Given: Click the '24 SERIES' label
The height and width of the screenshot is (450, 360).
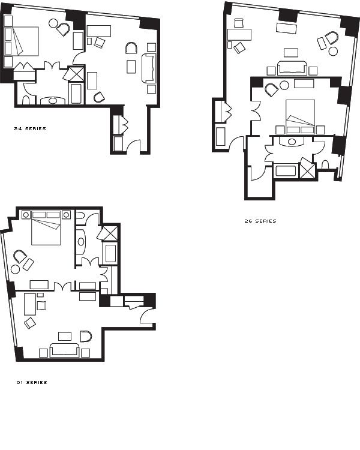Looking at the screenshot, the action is (30, 128).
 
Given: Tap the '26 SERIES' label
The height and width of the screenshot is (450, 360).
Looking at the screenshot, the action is (260, 221).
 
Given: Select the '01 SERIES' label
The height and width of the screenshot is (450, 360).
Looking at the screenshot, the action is (32, 382).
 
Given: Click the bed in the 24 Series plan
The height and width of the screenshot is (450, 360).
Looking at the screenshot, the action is (22, 41).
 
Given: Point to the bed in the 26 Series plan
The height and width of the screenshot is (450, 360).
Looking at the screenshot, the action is (300, 117).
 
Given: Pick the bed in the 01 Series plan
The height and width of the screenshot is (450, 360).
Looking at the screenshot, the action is (46, 228).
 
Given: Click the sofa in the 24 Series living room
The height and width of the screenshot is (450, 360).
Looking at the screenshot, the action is (149, 68).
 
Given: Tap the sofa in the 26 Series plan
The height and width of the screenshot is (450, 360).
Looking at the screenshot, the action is (292, 68).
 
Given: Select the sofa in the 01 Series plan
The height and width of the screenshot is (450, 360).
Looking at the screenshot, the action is (65, 350).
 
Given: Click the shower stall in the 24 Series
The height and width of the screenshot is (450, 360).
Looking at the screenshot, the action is (77, 74).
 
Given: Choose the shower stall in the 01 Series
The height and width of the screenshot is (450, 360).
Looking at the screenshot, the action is (110, 233).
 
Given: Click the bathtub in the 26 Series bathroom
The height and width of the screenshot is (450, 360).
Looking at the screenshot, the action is (286, 171).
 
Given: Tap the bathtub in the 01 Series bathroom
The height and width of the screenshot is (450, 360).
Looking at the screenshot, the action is (110, 253).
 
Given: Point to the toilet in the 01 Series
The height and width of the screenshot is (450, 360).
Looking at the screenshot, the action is (80, 216).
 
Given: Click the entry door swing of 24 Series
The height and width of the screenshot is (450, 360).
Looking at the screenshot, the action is (133, 145).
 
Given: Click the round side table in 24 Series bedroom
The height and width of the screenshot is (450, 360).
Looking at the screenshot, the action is (53, 23).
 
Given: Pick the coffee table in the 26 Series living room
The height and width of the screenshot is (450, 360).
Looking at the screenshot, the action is (291, 53).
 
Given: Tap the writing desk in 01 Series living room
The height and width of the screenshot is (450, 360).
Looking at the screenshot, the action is (30, 304).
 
